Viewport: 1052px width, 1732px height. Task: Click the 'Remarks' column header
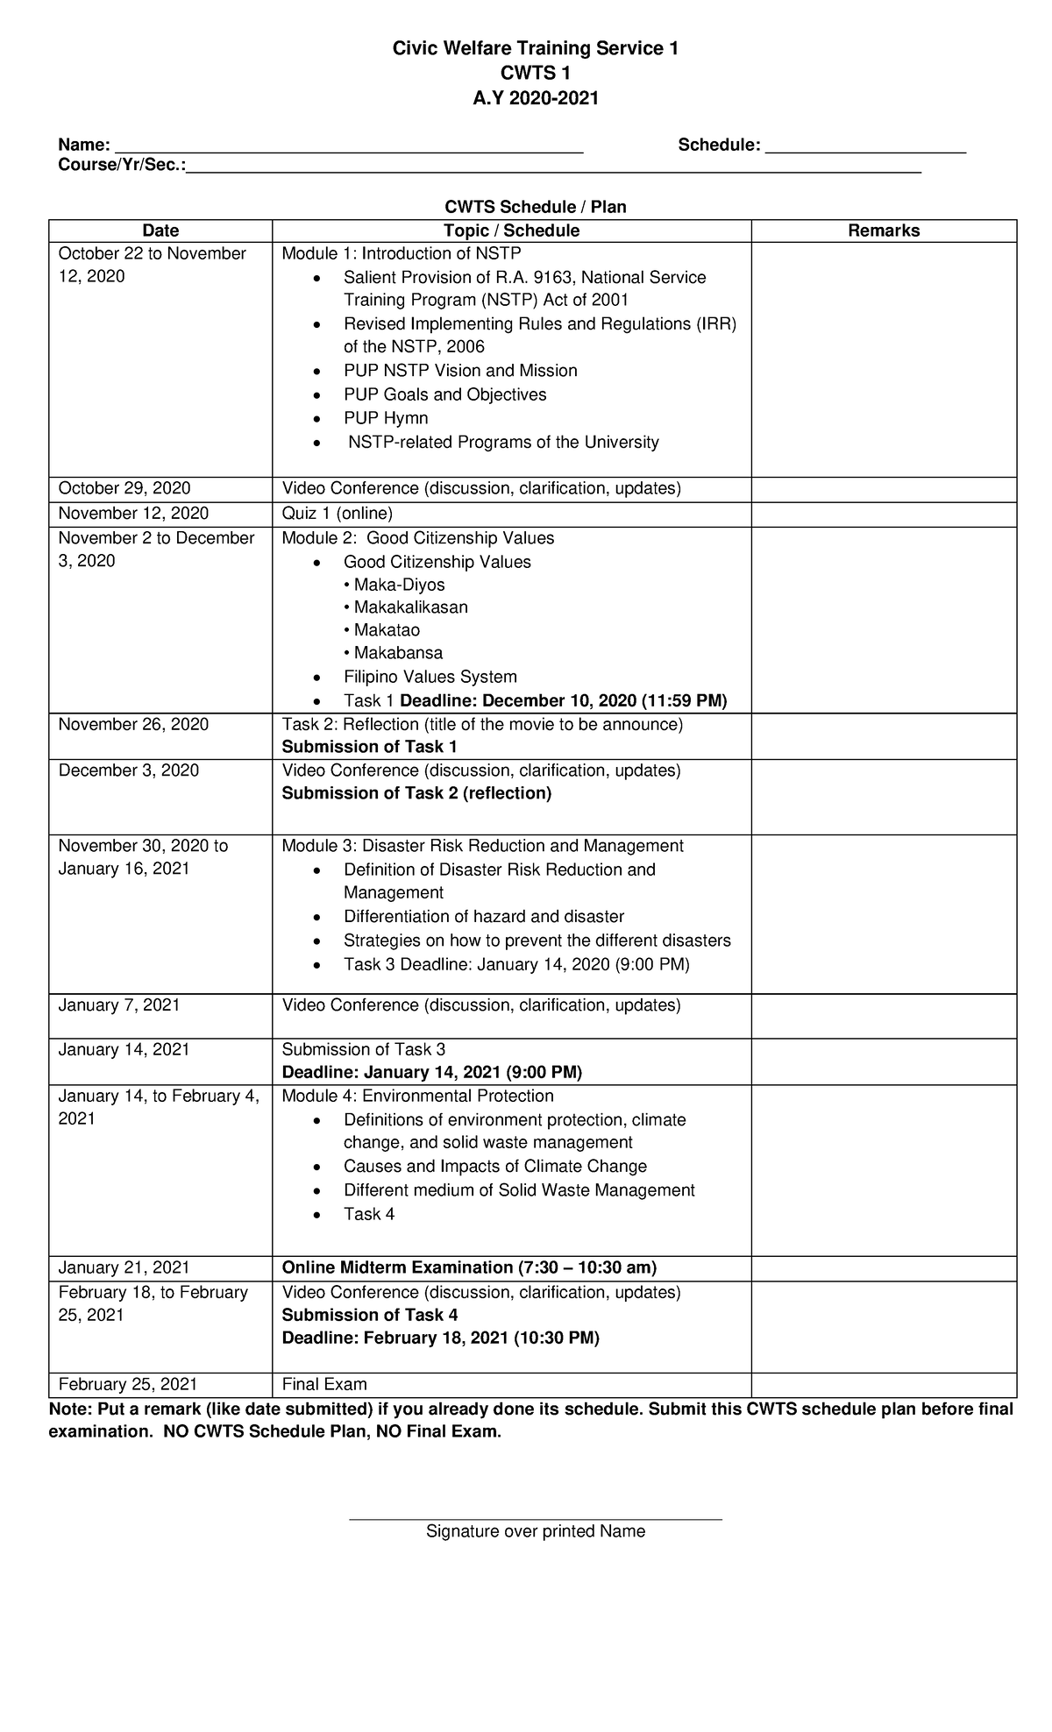(x=883, y=231)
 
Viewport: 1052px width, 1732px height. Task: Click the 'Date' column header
(x=160, y=231)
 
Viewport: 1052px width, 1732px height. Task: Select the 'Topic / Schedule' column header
(x=511, y=231)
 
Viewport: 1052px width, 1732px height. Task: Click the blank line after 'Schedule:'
(x=865, y=146)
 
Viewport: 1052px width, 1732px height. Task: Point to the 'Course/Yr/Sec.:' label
(x=122, y=166)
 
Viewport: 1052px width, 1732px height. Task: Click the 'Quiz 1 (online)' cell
(x=337, y=514)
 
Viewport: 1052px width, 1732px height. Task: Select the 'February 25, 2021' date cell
(x=128, y=1384)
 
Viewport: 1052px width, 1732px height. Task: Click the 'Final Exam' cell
(x=324, y=1384)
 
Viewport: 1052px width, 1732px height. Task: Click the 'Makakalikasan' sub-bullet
(x=410, y=607)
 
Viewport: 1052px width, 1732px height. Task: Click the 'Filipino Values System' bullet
(x=430, y=677)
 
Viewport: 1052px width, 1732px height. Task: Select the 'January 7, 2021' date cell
(x=119, y=1005)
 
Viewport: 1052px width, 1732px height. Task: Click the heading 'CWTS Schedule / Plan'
(x=535, y=207)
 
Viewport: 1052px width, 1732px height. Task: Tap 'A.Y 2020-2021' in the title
(x=535, y=98)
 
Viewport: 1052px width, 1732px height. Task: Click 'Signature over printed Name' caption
(x=535, y=1531)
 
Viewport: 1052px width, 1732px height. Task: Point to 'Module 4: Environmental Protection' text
(x=417, y=1097)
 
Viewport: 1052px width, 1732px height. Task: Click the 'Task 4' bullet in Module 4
(x=369, y=1214)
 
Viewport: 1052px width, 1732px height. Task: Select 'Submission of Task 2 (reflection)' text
(x=416, y=793)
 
